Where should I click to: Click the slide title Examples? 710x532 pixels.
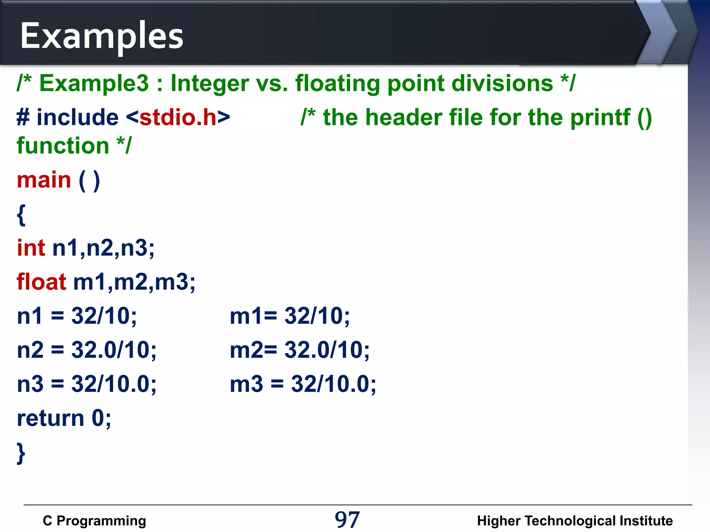(102, 36)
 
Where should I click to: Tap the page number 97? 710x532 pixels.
(347, 520)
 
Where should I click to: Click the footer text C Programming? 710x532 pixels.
(94, 521)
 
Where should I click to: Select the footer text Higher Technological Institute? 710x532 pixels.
(575, 521)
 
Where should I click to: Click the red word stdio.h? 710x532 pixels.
(178, 117)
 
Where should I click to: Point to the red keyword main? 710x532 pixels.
(44, 180)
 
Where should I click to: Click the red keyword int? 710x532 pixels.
(31, 248)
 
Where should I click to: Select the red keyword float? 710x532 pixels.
(41, 282)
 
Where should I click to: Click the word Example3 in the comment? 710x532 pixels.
(94, 83)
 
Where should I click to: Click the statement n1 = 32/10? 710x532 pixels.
(77, 316)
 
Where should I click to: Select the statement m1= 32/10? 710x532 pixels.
(290, 316)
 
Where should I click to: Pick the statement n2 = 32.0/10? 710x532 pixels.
(87, 350)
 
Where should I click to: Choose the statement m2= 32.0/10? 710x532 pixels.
(300, 350)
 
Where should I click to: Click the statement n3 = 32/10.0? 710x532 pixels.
(87, 384)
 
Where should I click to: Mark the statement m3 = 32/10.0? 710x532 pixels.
(303, 384)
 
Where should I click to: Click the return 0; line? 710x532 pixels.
(64, 418)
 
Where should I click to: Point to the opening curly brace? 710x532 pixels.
(21, 215)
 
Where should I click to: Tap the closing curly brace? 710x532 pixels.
(21, 453)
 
